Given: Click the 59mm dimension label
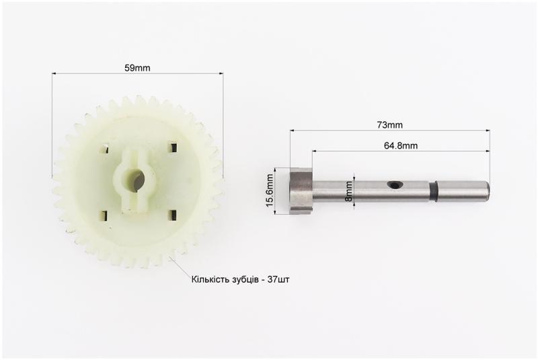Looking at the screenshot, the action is click(137, 68).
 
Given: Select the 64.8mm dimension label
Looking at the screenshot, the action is click(401, 145).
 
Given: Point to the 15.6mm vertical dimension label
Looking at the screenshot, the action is click(270, 190).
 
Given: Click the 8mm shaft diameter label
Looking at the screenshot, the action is click(348, 191).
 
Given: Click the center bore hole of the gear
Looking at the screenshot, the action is click(134, 180).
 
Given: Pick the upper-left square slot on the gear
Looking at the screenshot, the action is click(104, 149).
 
